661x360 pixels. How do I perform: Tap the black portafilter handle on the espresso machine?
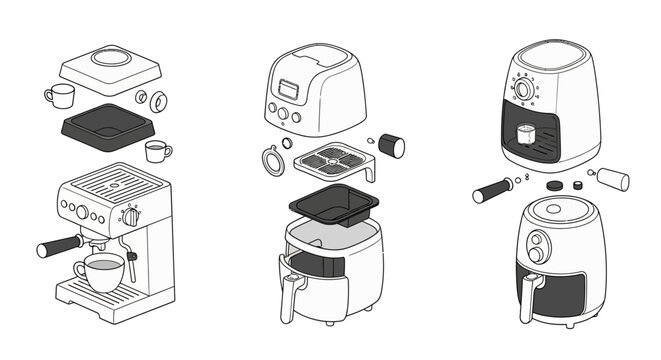(60, 245)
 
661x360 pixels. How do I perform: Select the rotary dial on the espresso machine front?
(130, 216)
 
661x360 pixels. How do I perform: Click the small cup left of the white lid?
(59, 96)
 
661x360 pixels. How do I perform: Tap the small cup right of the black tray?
(157, 151)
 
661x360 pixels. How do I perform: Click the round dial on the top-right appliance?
(522, 90)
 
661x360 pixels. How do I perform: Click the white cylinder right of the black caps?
(613, 179)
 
